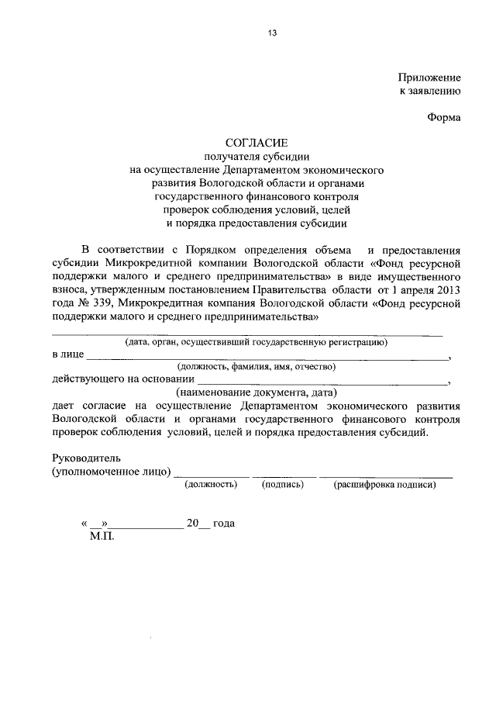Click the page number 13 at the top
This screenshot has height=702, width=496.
pyautogui.click(x=272, y=33)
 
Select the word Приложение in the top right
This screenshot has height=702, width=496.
pyautogui.click(x=429, y=78)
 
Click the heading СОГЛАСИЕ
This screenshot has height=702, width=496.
pyautogui.click(x=257, y=143)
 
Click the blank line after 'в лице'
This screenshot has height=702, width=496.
pyautogui.click(x=267, y=358)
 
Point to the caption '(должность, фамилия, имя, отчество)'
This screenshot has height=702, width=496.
pyautogui.click(x=256, y=366)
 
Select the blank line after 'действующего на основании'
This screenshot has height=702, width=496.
pyautogui.click(x=322, y=382)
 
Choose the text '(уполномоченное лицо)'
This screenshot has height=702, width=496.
pyautogui.click(x=111, y=472)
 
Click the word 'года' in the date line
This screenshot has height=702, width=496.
pyautogui.click(x=222, y=523)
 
